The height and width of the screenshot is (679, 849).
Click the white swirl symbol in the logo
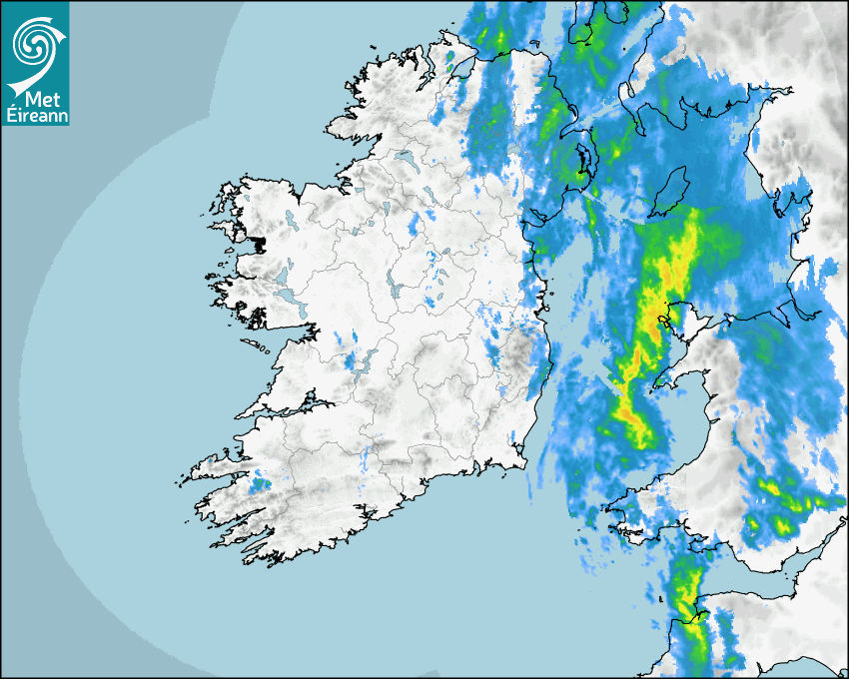point(34,42)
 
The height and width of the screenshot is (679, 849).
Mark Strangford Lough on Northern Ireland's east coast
point(583,160)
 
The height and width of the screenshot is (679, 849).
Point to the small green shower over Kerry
point(261,484)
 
